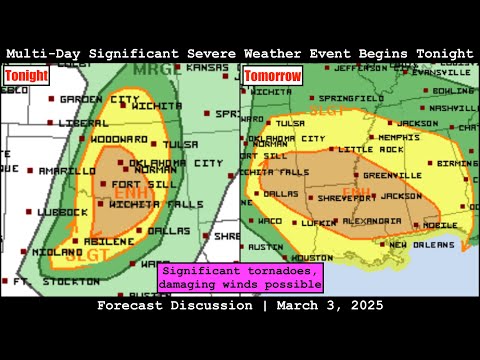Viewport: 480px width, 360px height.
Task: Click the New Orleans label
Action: [418, 244]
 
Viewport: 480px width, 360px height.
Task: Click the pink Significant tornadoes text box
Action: [241, 277]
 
